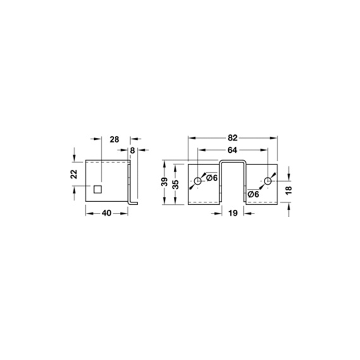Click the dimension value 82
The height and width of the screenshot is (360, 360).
[232, 138]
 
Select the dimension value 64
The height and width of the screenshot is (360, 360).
[232, 150]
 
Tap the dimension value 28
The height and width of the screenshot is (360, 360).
[114, 139]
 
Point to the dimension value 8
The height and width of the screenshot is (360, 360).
[132, 151]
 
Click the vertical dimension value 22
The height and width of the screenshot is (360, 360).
[74, 174]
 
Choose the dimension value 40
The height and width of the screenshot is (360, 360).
[106, 213]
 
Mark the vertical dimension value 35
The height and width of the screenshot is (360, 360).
[176, 184]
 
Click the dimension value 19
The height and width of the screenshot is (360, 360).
[233, 213]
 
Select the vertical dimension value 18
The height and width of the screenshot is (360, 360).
[289, 190]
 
